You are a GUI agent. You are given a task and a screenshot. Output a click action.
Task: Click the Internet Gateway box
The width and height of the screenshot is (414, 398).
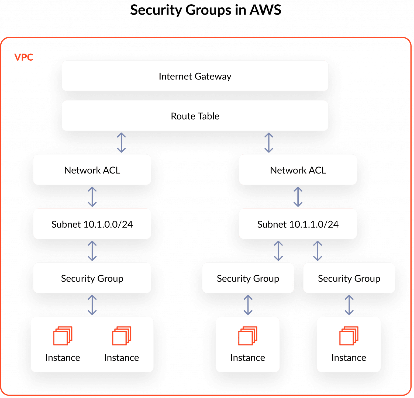(195, 76)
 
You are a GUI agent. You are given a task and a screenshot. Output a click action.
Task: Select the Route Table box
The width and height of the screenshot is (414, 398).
(195, 116)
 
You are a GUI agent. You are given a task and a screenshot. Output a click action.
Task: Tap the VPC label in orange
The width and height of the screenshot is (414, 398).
(24, 57)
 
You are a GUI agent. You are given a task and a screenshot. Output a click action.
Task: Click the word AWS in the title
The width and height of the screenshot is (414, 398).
(265, 10)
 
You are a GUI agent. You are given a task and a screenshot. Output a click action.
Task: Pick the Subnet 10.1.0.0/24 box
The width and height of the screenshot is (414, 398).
(92, 224)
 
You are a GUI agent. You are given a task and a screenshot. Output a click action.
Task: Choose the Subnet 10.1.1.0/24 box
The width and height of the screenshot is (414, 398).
(298, 224)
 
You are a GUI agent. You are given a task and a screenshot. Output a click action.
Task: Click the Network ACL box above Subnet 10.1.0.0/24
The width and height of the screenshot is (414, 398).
(92, 170)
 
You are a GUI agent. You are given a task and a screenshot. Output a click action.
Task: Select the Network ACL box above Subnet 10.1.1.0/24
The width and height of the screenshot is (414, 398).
(298, 170)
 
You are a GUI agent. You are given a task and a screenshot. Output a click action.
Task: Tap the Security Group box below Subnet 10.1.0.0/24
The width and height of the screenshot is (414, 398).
(92, 278)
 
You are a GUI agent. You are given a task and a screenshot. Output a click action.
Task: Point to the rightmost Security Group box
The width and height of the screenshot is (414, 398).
(349, 278)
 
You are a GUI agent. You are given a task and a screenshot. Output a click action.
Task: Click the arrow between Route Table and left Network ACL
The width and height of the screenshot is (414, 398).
(121, 143)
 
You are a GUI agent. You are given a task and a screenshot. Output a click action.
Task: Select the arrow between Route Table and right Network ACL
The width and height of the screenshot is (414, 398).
(269, 143)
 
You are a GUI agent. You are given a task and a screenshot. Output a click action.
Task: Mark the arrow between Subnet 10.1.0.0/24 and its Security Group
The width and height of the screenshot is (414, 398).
(92, 251)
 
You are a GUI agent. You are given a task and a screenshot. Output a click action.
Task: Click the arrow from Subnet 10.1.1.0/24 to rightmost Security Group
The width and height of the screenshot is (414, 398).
(318, 251)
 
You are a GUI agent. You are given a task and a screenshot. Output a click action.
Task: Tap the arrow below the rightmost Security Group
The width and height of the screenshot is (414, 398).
(349, 305)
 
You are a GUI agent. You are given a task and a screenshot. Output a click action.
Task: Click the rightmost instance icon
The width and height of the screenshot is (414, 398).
(349, 336)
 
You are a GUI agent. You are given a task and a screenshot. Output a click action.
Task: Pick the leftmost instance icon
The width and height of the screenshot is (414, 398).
(63, 336)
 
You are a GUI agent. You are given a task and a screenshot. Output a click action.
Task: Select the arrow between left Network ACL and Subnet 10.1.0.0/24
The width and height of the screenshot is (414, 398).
(92, 197)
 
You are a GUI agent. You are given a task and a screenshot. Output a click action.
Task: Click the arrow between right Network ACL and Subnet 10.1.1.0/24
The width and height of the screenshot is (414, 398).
(298, 197)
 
